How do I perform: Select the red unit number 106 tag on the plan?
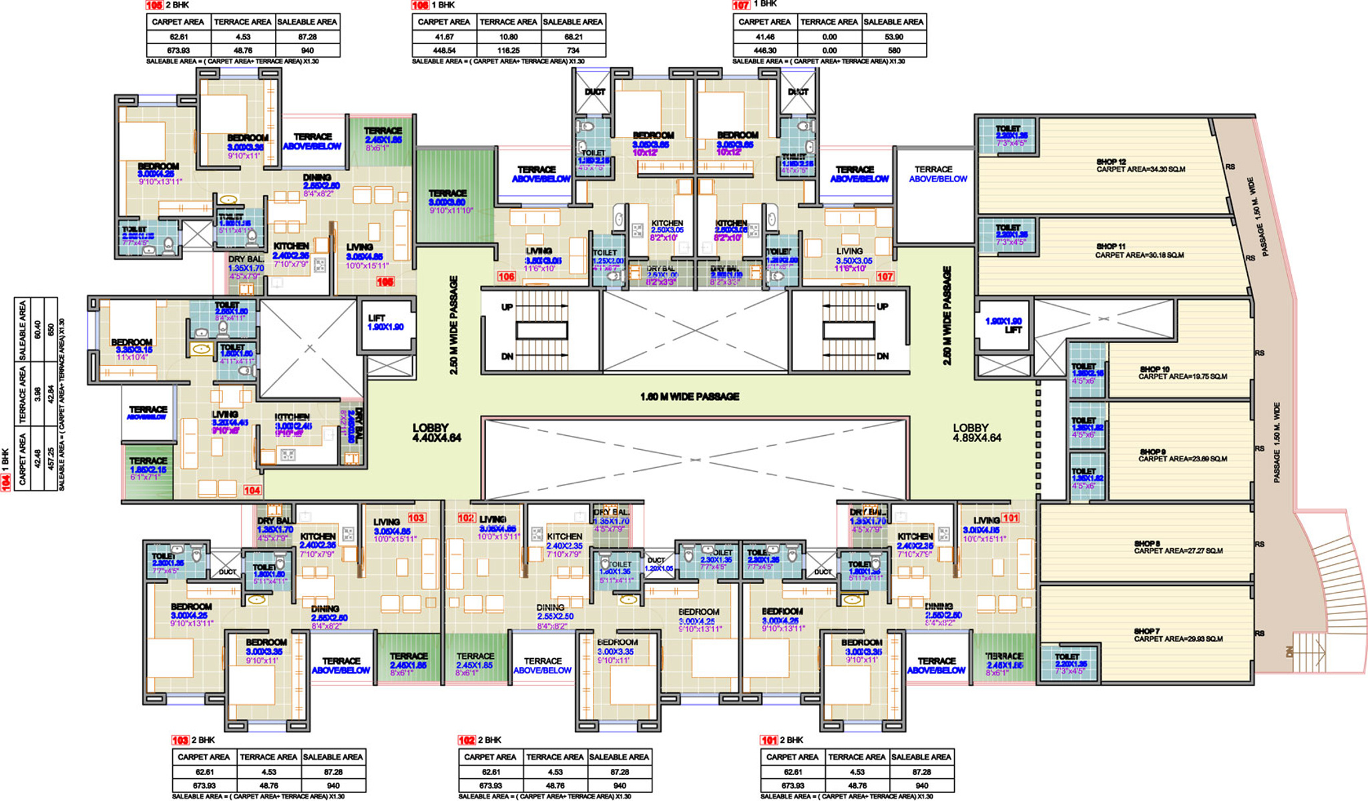[x=506, y=276]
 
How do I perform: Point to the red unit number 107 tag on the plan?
[x=885, y=276]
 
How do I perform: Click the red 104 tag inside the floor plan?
[x=252, y=490]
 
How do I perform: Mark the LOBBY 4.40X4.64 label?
[x=437, y=433]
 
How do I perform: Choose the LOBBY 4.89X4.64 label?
[x=977, y=433]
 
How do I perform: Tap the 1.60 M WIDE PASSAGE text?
[x=690, y=396]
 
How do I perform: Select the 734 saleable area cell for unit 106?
[x=574, y=50]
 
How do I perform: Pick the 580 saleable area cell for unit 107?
[x=893, y=50]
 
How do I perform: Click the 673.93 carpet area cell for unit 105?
[x=178, y=50]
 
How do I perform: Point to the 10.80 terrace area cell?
[x=508, y=37]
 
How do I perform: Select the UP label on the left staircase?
[x=507, y=307]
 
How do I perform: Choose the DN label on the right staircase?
[x=883, y=356]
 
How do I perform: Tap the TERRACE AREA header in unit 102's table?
[x=554, y=757]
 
